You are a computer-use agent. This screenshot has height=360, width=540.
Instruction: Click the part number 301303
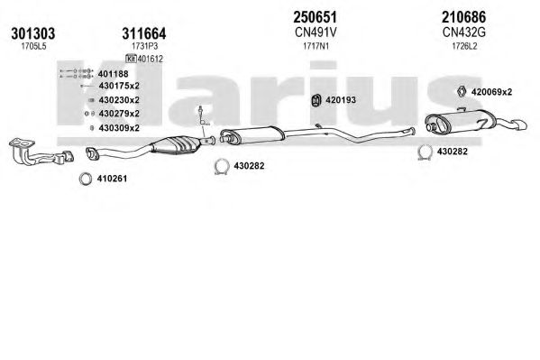[x=33, y=33]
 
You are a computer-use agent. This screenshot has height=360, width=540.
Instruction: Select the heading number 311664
[x=144, y=33]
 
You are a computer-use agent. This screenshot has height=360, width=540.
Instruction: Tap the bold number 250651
[x=316, y=17]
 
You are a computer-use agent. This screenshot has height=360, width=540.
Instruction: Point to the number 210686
[x=464, y=17]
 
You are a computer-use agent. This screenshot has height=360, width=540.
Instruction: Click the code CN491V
[x=316, y=32]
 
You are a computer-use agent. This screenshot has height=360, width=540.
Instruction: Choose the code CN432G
[x=464, y=32]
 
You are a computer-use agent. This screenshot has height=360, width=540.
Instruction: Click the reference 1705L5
[x=33, y=47]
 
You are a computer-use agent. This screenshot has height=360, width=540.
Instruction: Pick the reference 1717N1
[x=316, y=46]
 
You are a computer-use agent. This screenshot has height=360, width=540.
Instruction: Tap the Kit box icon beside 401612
[x=131, y=59]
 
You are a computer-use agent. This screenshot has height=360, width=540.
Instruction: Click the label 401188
[x=113, y=74]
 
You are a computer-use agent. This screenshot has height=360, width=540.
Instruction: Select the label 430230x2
[x=119, y=100]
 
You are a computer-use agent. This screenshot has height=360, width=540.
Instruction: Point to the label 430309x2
[x=119, y=128]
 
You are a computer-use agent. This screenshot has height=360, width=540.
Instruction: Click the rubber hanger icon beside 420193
[x=316, y=100]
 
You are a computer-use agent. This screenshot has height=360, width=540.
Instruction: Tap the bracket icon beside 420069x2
[x=462, y=91]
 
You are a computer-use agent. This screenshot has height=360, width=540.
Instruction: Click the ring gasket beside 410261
[x=86, y=179]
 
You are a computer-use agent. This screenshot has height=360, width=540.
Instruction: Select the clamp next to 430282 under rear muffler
[x=425, y=152]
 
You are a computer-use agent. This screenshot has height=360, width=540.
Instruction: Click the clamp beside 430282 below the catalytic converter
[x=222, y=167]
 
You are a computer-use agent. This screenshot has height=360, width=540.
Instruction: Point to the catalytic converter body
[x=177, y=145]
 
